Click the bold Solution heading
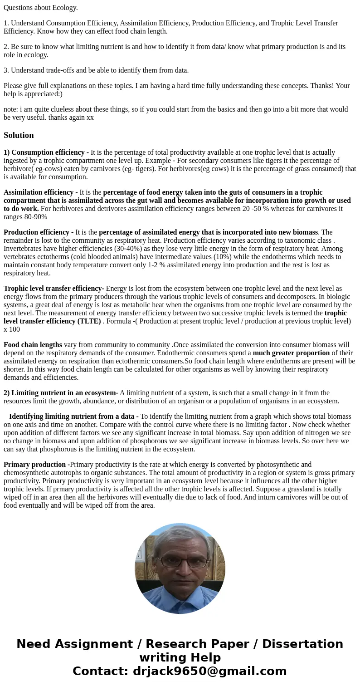pyautogui.click(x=19, y=135)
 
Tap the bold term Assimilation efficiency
pyautogui.click(x=39, y=192)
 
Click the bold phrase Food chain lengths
pyautogui.click(x=33, y=345)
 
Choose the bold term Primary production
pyautogui.click(x=35, y=465)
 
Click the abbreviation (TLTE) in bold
pyautogui.click(x=89, y=321)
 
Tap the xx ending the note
pyautogui.click(x=90, y=118)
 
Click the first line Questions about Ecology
pyautogui.click(x=41, y=8)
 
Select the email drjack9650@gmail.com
pyautogui.click(x=209, y=671)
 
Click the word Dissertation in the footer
pyautogui.click(x=302, y=644)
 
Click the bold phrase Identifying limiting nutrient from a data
pyautogui.click(x=71, y=417)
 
